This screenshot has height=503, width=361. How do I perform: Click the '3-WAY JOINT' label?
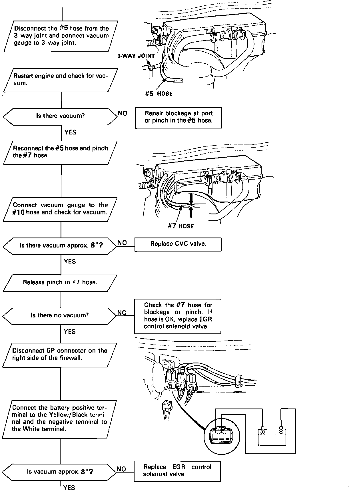(x=136, y=56)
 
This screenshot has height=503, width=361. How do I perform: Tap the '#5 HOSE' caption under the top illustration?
(x=159, y=94)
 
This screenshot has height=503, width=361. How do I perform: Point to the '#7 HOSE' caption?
(x=181, y=226)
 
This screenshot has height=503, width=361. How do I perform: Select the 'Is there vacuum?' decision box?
(x=60, y=116)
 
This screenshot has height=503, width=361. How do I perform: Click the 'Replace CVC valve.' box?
(x=178, y=244)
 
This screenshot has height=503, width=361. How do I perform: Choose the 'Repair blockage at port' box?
(x=178, y=117)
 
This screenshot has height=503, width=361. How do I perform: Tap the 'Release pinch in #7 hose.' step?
(x=60, y=283)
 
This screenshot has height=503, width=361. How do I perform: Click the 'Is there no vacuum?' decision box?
(x=60, y=315)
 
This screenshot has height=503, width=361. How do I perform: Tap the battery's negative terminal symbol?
(x=281, y=431)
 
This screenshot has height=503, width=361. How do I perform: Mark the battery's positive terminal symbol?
(x=262, y=432)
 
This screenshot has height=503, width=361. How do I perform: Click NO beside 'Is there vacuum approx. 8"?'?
(x=122, y=243)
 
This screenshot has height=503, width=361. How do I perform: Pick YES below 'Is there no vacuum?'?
(x=70, y=331)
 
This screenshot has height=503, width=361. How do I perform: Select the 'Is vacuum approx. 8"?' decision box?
(x=60, y=472)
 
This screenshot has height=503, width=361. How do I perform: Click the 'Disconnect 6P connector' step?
(x=60, y=355)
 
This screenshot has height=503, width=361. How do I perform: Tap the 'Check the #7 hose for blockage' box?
(x=178, y=316)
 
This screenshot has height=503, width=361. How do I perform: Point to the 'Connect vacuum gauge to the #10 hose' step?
(x=60, y=209)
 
